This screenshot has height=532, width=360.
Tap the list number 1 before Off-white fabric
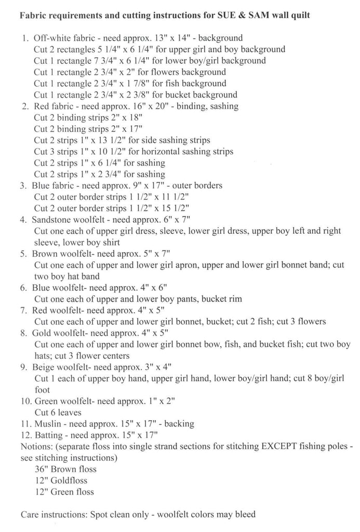[25, 38]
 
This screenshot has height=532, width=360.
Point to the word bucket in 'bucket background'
[163, 95]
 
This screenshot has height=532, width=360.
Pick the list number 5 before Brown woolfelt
[24, 254]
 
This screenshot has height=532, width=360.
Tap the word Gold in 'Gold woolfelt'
[42, 333]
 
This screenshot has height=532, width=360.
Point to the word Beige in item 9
[43, 367]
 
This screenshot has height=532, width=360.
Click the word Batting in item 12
[49, 435]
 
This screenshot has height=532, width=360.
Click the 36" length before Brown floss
[41, 469]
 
